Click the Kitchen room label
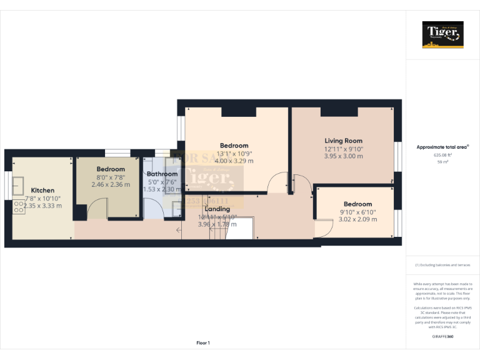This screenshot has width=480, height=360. pos(42,190)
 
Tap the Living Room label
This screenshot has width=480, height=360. pos(343,141)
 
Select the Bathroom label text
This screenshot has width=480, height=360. pos(162,174)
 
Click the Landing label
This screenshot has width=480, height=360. pos(217,209)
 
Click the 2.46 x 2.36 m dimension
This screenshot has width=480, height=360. pos(111,184)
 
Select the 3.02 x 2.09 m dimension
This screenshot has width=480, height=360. pos(357,219)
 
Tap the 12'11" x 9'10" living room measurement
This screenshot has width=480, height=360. pos(343,149)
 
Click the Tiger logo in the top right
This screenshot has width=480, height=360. pos(443,34)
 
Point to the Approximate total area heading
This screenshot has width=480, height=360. pos(442,147)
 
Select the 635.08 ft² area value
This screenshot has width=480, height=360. pos(442,155)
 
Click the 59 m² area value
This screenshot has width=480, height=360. pos(442,162)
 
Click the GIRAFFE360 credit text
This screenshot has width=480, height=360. pos(442,337)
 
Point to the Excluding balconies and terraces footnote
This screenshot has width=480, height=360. pos(442,265)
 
